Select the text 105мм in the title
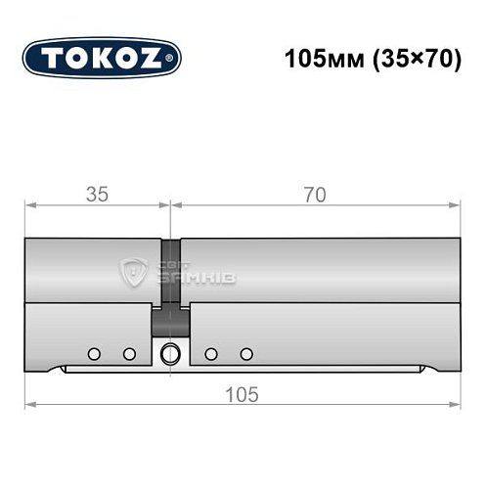tap(315, 57)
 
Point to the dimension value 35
tap(96, 194)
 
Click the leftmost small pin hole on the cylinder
tap(93, 353)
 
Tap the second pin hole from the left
tap(128, 353)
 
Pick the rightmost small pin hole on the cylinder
tap(246, 353)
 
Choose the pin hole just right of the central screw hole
tap(210, 353)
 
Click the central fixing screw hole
tap(170, 353)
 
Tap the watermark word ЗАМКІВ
tap(206, 279)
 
